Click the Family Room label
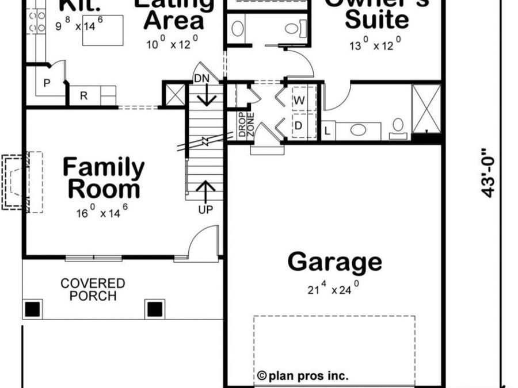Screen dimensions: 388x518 [x=104, y=178]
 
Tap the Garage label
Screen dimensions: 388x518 [x=334, y=262]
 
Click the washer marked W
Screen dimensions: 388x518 [x=299, y=100]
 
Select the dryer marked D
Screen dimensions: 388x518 [x=299, y=125]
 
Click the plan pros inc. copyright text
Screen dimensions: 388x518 [x=303, y=376]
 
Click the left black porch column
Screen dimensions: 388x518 [x=32, y=309]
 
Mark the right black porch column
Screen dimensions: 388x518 [x=155, y=309]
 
